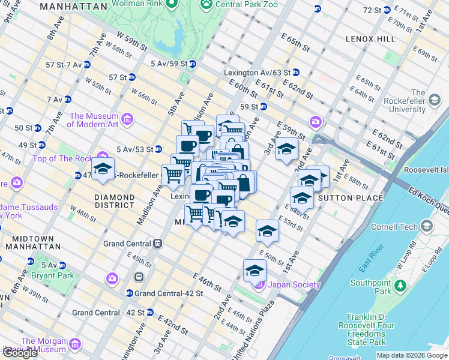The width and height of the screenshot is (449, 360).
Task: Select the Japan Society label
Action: pos(294,285)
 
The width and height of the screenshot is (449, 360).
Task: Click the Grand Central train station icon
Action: pos(158,244)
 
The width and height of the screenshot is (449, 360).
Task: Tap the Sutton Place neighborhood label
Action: pos(351,197)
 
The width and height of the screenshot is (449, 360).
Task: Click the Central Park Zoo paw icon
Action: pos(207,4)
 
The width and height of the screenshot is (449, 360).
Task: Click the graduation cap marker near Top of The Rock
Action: pos(103,169)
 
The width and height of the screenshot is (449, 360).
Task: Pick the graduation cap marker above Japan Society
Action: pos(255,270)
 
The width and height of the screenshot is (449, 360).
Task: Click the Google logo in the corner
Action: pos(20,353)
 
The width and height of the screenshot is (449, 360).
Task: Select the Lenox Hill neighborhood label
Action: pos(370,38)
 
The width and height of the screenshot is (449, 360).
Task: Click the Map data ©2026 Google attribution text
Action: pos(412,355)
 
